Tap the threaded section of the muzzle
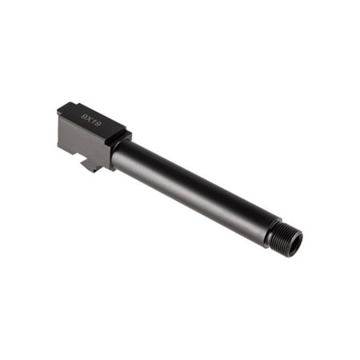click(x=284, y=238)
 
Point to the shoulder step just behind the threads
click(x=270, y=232)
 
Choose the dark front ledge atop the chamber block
click(x=118, y=138)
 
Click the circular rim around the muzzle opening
click(x=298, y=240)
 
